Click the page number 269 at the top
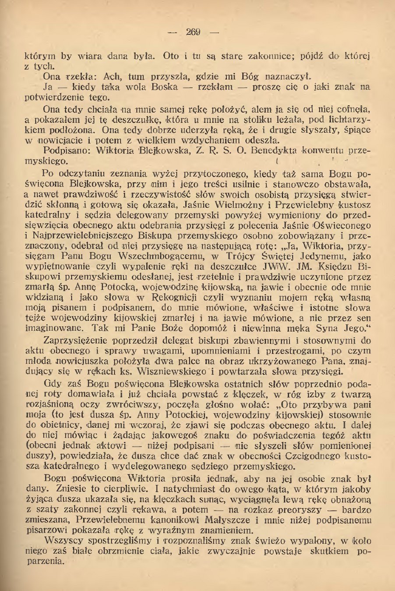click(193, 32)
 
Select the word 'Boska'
click(165, 87)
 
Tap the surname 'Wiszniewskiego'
click(182, 371)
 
